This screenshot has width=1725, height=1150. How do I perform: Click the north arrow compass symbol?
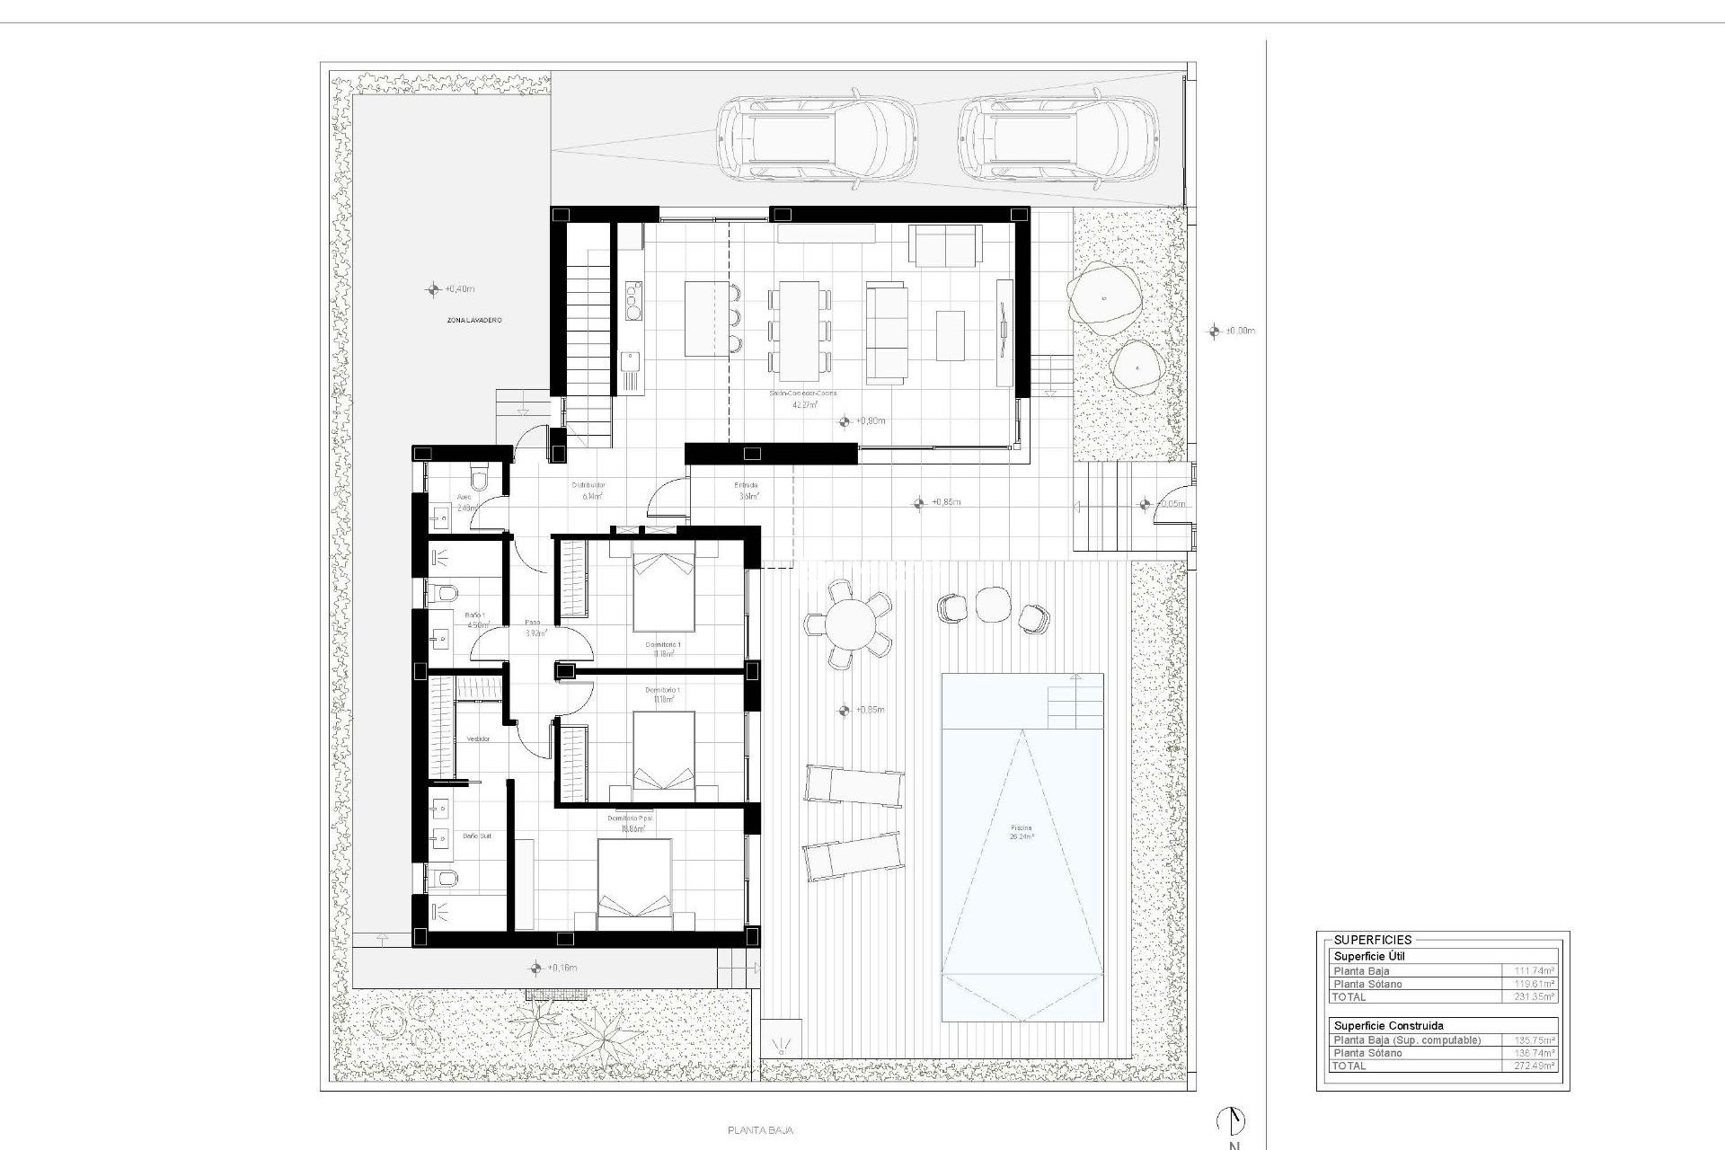click(x=1231, y=1119)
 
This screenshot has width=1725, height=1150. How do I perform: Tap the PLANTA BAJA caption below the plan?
click(x=760, y=1131)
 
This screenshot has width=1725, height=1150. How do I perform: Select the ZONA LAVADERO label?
click(x=473, y=320)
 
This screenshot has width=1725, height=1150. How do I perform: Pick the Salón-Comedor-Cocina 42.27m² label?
click(x=791, y=399)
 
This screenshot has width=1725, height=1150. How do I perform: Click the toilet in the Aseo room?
click(x=479, y=477)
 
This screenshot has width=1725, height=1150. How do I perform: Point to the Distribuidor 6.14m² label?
click(x=588, y=490)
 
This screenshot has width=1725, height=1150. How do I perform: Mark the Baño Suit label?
click(x=476, y=836)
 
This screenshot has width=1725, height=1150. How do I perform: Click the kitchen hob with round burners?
click(x=634, y=300)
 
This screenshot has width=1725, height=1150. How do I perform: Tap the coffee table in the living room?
click(x=951, y=335)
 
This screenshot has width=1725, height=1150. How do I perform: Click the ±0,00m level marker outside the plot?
click(x=1215, y=331)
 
